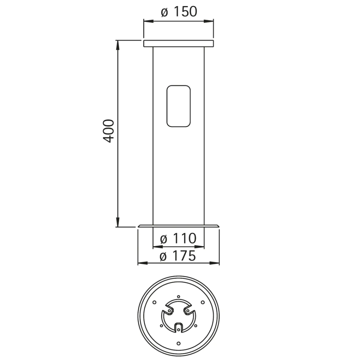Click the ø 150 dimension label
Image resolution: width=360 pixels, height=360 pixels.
pyautogui.click(x=179, y=12)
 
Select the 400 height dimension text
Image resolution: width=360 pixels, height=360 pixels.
pyautogui.click(x=108, y=131)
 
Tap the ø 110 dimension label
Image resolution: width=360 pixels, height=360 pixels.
pyautogui.click(x=178, y=238)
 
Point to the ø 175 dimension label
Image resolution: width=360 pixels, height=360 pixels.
pyautogui.click(x=178, y=256)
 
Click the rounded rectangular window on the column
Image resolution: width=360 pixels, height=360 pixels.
pyautogui.click(x=178, y=106)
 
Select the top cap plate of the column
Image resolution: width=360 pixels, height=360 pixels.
pyautogui.click(x=178, y=43)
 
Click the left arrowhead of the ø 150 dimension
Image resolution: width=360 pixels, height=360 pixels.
pyautogui.click(x=148, y=21)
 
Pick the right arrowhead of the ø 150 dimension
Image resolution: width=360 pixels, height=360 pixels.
pyautogui.click(x=208, y=21)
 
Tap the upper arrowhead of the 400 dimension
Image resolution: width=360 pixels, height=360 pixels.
pyautogui.click(x=118, y=45)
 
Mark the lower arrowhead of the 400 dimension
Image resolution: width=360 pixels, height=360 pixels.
pyautogui.click(x=118, y=222)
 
